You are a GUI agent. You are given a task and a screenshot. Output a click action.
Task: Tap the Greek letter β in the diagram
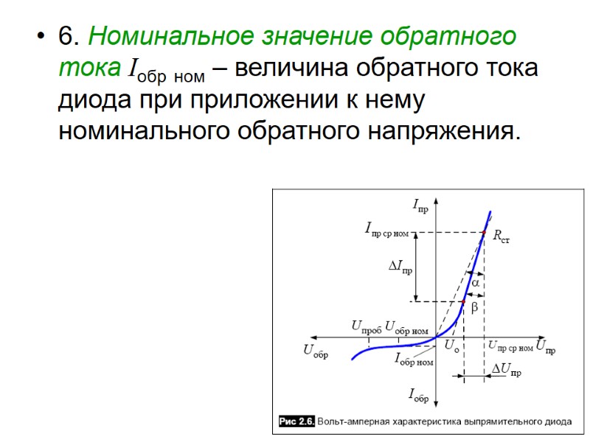pyautogui.click(x=474, y=305)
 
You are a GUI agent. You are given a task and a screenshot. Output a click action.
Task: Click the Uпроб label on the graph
pyautogui.click(x=366, y=326)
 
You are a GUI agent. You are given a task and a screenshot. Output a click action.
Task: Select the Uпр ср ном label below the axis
pyautogui.click(x=510, y=345)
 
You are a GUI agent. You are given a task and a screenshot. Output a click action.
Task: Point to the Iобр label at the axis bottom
pyautogui.click(x=418, y=396)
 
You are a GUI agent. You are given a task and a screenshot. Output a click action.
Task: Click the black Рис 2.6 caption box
pyautogui.click(x=297, y=421)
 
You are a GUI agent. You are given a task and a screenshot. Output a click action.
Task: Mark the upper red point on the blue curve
pyautogui.click(x=484, y=233)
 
